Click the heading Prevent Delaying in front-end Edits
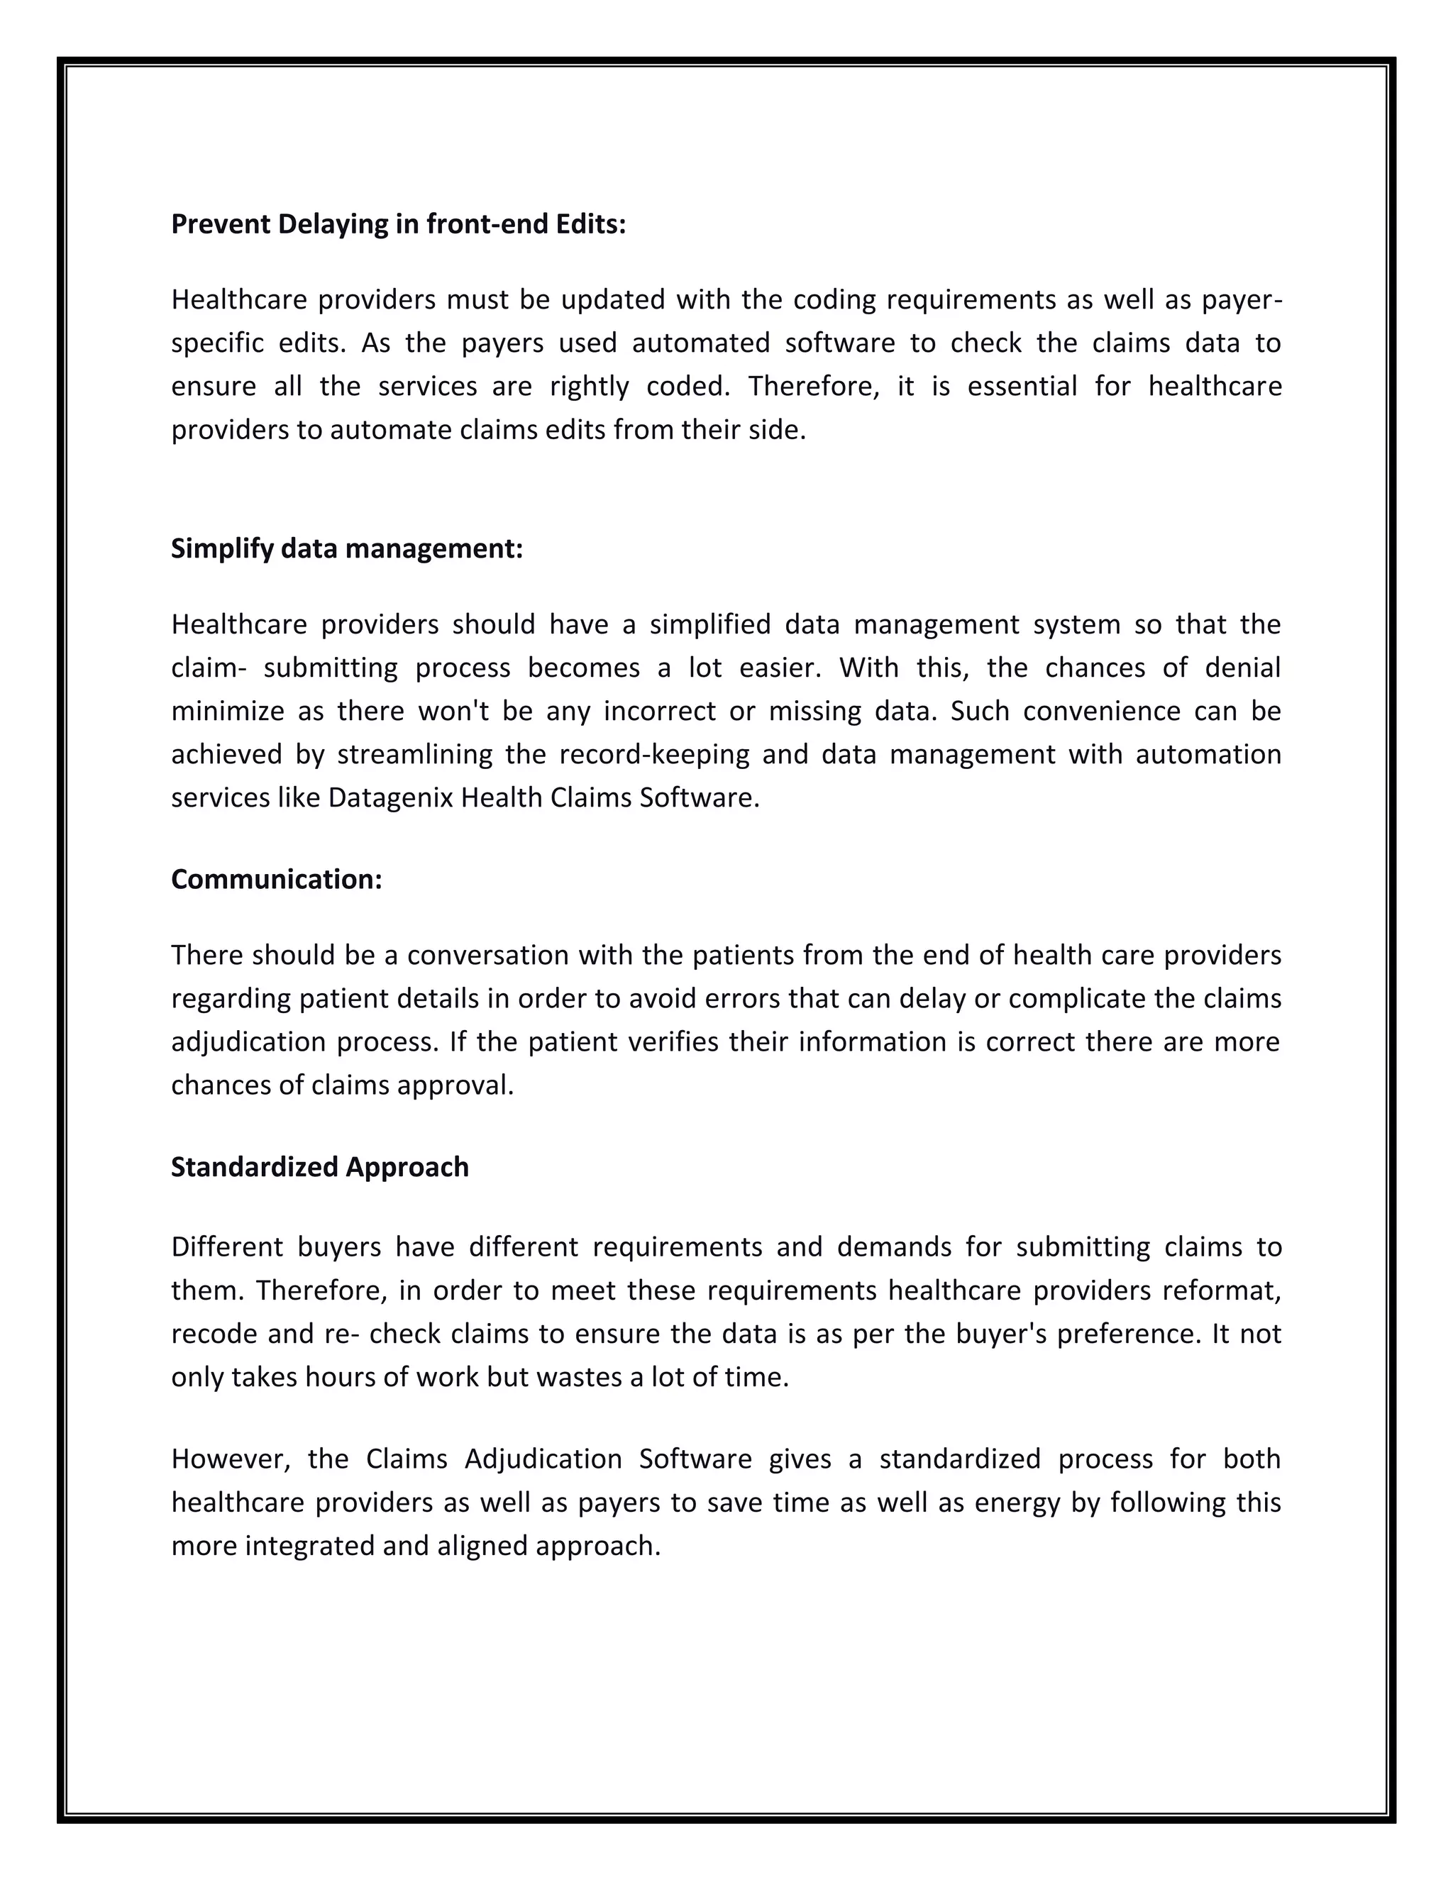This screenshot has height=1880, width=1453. point(399,225)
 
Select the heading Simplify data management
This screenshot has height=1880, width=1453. point(347,548)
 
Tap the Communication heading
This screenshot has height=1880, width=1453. point(276,879)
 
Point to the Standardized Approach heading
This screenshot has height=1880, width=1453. point(320,1166)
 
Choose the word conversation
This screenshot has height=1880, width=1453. point(485,956)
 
